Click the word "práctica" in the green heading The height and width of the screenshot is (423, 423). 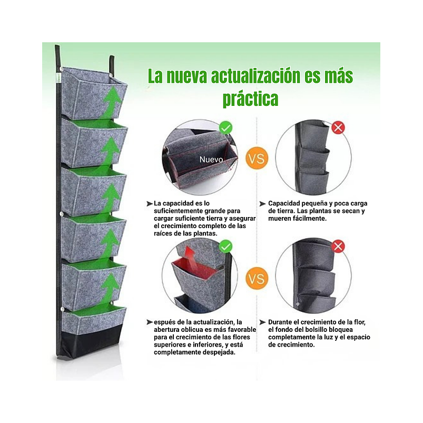(250, 99)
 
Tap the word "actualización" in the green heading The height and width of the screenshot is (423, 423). (255, 76)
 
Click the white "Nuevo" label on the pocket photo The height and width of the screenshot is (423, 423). (211, 159)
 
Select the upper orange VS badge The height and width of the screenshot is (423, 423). (257, 158)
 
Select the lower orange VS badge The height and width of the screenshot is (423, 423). (257, 278)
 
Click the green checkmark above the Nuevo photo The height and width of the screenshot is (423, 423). (225, 127)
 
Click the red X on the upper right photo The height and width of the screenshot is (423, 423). (338, 127)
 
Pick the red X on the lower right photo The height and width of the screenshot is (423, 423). (338, 246)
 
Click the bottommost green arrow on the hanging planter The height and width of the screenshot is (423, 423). (110, 287)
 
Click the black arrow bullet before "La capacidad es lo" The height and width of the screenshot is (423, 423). (150, 203)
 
